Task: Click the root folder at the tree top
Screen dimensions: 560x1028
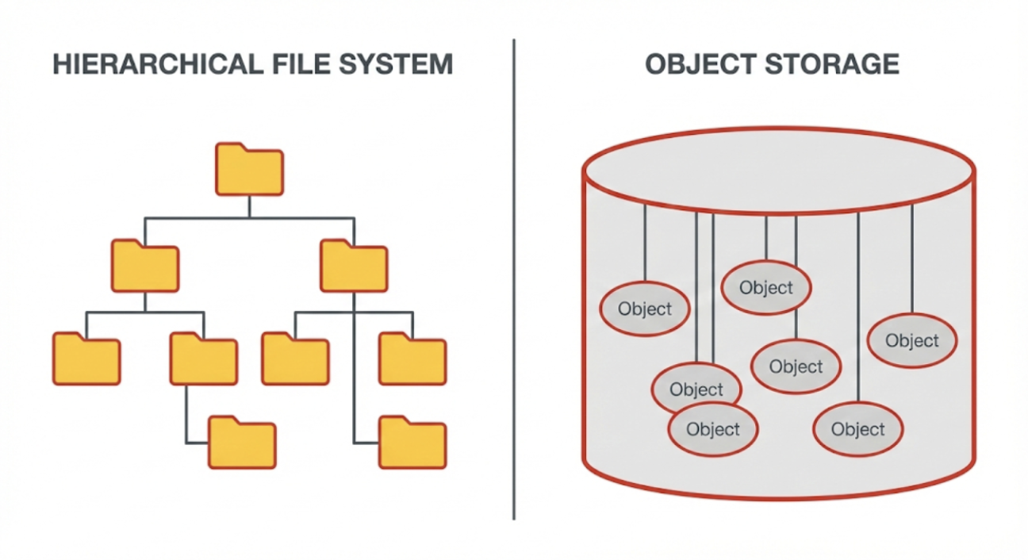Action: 249,170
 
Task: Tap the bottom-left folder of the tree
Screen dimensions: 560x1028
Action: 242,442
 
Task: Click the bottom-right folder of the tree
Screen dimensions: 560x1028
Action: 412,442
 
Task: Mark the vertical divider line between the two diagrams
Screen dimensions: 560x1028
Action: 514,278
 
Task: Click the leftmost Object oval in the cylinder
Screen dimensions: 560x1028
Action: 644,309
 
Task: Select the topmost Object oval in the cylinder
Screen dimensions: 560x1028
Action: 765,288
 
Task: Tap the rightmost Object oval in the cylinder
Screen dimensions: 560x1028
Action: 912,341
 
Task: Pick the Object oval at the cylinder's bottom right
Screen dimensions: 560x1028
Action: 857,430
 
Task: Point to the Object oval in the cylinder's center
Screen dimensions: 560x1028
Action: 796,366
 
